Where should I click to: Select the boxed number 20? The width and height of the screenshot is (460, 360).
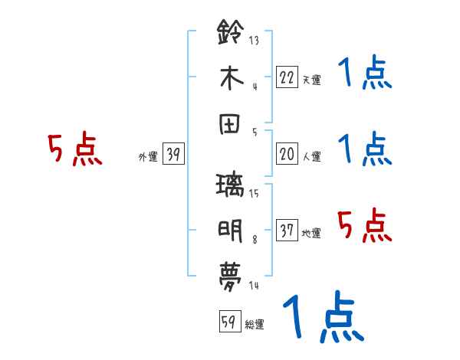point(287,153)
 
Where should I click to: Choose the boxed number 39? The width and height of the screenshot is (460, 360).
point(173,154)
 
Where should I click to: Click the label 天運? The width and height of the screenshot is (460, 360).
point(312,79)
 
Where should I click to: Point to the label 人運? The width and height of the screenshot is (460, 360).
point(312,157)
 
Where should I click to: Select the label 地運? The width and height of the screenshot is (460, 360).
point(312,234)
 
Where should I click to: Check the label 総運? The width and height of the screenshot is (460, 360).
point(255,324)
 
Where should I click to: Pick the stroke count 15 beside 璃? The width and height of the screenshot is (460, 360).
point(254,194)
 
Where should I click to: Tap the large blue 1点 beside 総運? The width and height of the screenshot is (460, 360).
point(323,318)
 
